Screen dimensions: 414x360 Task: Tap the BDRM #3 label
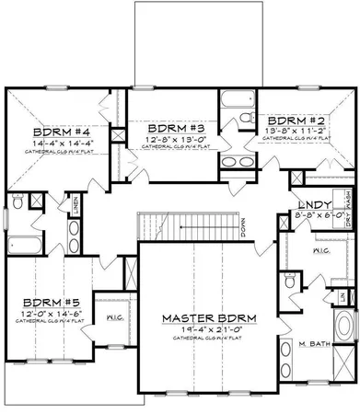(x=169, y=128)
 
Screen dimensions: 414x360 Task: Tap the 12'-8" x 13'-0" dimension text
(x=169, y=139)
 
